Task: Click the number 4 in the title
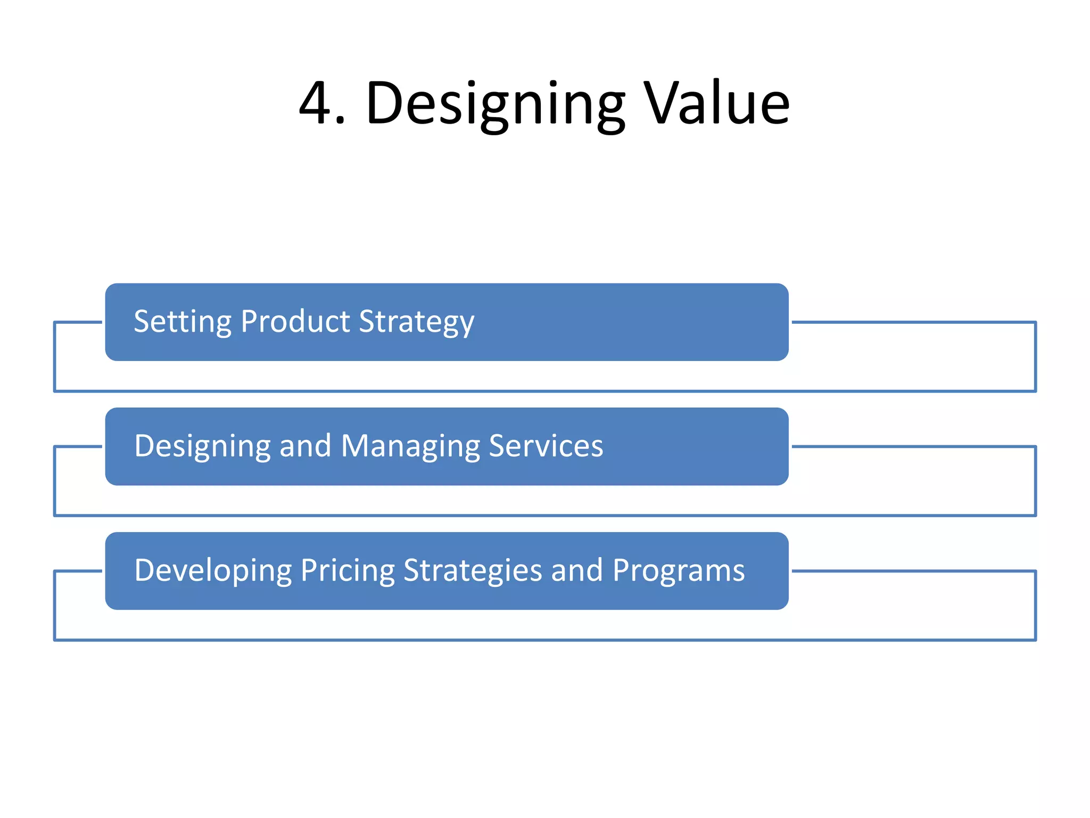[317, 103]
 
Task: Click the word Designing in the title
[495, 103]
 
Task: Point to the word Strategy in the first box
[416, 323]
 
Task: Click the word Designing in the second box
[202, 446]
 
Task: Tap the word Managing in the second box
[410, 446]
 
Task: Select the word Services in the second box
[546, 446]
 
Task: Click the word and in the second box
[305, 446]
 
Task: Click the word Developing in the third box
[213, 571]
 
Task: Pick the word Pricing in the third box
[348, 571]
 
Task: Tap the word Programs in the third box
[678, 571]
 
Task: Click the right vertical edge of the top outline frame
[1035, 357]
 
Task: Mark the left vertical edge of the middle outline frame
[54, 481]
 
